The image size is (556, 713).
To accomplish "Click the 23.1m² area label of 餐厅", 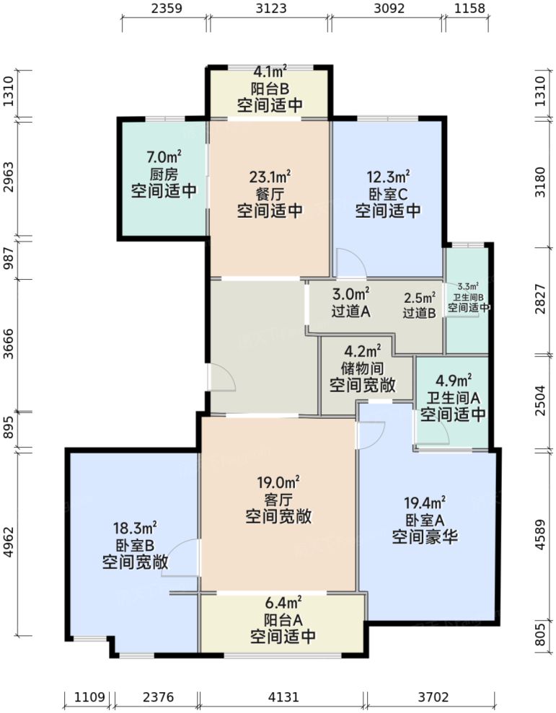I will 270,175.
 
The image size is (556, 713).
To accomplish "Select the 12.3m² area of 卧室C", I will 388,175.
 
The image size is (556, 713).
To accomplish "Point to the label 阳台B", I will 270,89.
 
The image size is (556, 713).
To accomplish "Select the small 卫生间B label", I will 469,296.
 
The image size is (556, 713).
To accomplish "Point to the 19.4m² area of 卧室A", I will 425,502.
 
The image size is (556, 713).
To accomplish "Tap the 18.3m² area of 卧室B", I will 136,528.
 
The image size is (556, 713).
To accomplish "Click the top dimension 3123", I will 270,9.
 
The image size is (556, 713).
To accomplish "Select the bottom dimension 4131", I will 283,697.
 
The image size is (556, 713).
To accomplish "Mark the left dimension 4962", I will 9,544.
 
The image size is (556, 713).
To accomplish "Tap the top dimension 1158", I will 469,9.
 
